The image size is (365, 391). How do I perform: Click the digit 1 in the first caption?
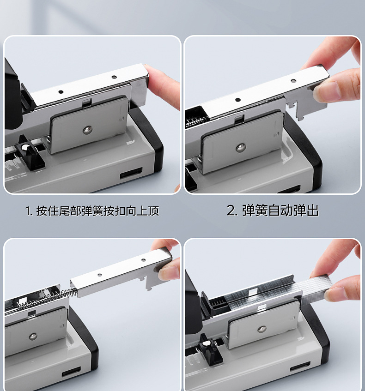tap(27, 211)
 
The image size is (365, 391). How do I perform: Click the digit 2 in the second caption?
tap(231, 211)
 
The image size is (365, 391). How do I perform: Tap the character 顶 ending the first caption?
tap(153, 211)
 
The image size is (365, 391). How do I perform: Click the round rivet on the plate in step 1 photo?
tap(87, 129)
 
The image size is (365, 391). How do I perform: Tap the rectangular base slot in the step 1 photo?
tap(131, 173)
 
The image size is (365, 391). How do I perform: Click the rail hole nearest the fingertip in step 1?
tap(114, 77)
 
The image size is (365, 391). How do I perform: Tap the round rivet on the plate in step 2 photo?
tap(241, 148)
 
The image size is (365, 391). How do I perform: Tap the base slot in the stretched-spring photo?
tap(72, 371)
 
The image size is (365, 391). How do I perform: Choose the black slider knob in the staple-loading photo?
tap(210, 349)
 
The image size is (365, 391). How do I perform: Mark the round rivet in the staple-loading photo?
tap(262, 329)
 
